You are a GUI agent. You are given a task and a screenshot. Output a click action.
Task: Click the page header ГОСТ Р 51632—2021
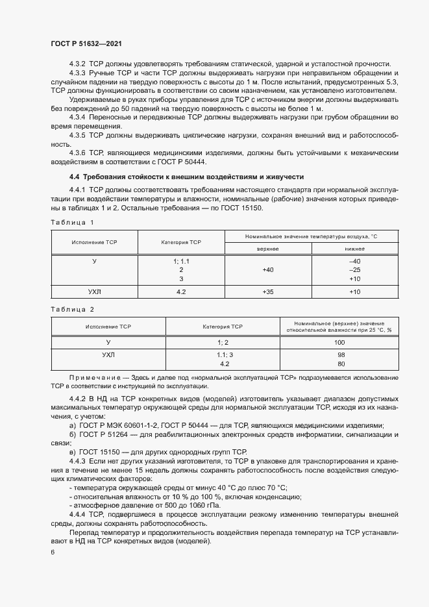[x=86, y=43]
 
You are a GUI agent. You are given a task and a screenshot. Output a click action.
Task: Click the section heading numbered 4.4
[x=74, y=177]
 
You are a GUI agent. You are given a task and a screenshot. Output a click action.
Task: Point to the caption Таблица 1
[x=72, y=223]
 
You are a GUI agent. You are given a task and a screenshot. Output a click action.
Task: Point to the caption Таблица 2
[x=72, y=310]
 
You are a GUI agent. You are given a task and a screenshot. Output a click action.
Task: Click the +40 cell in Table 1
[x=267, y=269]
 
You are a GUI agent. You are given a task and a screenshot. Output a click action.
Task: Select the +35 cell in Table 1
[x=267, y=292]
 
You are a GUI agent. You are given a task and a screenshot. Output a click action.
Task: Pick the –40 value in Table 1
[x=354, y=260]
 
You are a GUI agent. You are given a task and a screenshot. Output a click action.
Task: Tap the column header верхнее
[x=267, y=249]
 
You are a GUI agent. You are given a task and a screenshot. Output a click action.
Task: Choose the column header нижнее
[x=354, y=249]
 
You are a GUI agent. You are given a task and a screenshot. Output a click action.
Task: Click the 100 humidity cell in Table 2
[x=339, y=341]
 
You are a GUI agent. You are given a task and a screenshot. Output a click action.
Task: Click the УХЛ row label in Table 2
[x=108, y=355]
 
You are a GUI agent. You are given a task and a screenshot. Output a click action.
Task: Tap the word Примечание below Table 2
[x=95, y=378]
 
